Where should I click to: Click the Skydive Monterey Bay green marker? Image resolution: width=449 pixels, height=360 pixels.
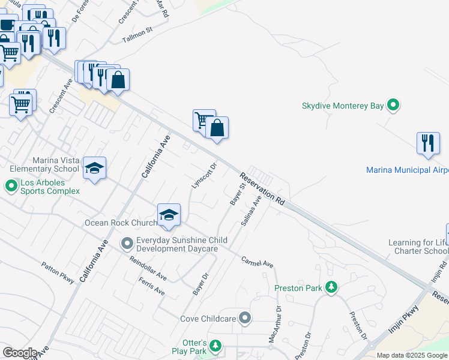393,106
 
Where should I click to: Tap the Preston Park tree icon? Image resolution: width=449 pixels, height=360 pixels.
331,287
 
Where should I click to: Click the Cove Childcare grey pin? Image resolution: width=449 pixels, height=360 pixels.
244,317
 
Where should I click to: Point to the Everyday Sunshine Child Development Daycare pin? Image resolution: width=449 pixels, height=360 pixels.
127,244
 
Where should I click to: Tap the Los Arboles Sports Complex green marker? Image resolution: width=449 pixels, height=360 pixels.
11,185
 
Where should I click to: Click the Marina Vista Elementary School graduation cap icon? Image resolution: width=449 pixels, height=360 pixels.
94,168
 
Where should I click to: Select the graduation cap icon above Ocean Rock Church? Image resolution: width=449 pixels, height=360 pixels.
169,215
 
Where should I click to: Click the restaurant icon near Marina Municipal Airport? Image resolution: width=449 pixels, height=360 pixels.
427,143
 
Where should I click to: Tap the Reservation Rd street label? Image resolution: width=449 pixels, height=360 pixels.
262,190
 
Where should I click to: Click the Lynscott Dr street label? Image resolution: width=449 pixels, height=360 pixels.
203,175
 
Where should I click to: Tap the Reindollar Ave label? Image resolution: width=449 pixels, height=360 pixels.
148,268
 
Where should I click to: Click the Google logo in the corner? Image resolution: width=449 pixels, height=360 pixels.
20,353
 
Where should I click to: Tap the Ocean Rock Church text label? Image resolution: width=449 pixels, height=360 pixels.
121,223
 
